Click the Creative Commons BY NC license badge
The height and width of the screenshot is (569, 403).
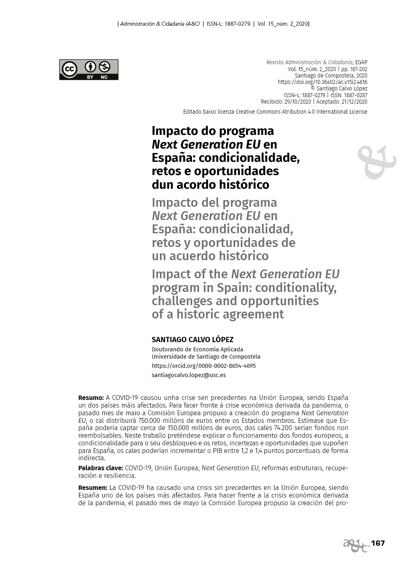click(x=89, y=69)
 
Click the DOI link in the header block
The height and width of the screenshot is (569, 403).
click(x=322, y=82)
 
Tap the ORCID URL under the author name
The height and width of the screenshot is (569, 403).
click(x=204, y=366)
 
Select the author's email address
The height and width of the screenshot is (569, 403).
click(x=189, y=375)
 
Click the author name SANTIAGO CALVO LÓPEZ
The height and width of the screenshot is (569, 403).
click(x=192, y=339)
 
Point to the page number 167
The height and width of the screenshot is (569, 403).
click(x=378, y=543)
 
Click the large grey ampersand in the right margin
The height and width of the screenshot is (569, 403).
click(x=376, y=162)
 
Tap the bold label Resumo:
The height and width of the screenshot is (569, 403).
click(x=91, y=398)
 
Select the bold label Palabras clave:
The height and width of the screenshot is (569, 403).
click(x=100, y=468)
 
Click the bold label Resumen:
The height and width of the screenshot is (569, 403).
click(x=93, y=487)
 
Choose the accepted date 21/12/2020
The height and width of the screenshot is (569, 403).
click(x=354, y=102)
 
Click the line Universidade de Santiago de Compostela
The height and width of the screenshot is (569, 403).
click(x=206, y=357)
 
